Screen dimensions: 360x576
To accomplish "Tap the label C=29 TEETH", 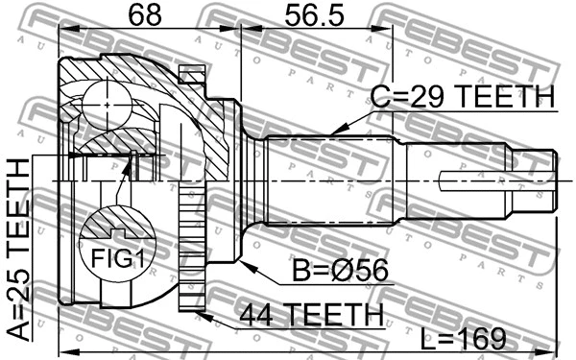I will pos(464,97).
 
